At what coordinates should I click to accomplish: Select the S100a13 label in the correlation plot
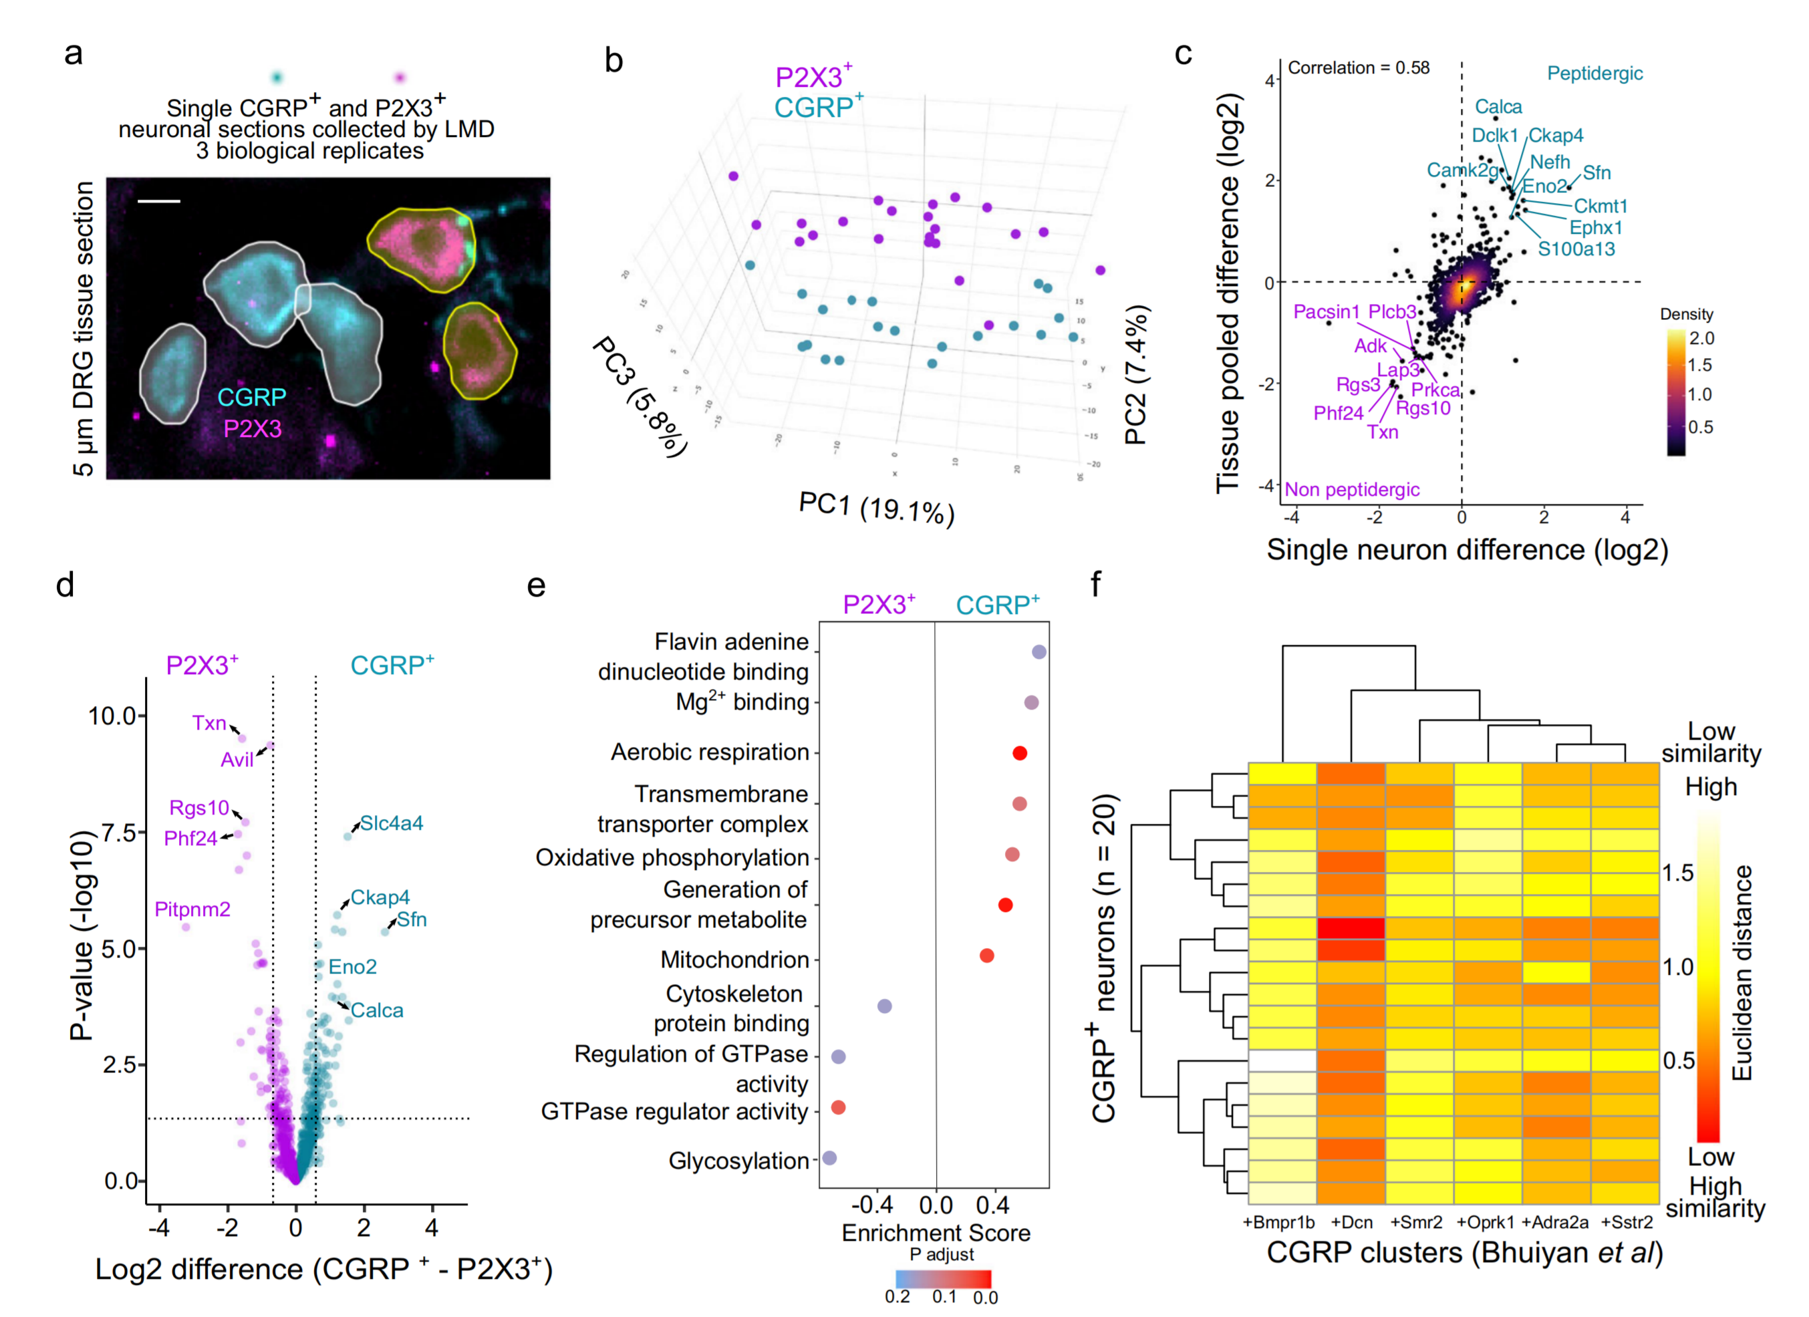pos(1575,249)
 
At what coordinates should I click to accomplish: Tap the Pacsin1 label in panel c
pos(1325,312)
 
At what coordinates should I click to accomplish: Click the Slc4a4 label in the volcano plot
pos(391,823)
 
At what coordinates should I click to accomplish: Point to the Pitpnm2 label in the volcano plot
pos(192,909)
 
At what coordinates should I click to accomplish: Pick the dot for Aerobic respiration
pos(1018,753)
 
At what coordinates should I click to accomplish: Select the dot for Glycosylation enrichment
pos(829,1157)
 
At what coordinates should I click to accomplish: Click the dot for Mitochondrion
pos(986,956)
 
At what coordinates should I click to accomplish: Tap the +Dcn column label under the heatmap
pos(1351,1222)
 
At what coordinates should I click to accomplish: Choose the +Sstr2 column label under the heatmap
pos(1627,1222)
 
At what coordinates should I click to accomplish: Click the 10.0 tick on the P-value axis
pos(112,716)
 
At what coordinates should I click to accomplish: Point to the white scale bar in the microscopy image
pos(159,202)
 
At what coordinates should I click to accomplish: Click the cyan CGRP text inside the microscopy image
pos(251,398)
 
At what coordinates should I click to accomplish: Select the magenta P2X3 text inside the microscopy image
pos(252,429)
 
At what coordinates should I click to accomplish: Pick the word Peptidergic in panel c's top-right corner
pos(1594,74)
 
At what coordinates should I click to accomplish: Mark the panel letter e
pos(536,586)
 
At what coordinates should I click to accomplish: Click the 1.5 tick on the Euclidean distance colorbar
pos(1677,873)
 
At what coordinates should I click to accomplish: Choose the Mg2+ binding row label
pos(742,702)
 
